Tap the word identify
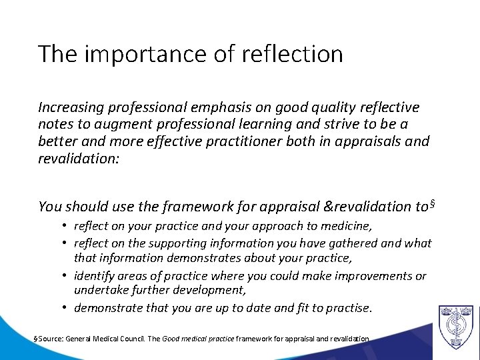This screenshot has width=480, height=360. point(95,276)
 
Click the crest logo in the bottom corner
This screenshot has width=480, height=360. point(456,326)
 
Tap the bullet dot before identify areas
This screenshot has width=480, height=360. point(66,276)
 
